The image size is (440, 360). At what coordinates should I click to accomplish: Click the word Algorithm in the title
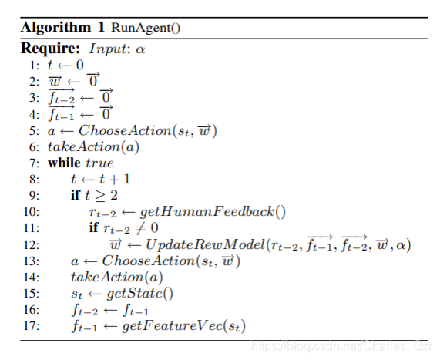coord(55,28)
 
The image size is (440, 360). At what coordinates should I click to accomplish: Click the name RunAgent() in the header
coord(146,28)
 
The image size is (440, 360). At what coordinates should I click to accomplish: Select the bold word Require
coord(51,48)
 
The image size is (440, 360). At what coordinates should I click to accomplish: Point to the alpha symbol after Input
coord(140,49)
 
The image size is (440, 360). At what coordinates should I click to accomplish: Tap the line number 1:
coord(34,66)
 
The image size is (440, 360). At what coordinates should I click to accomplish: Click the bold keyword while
coord(64,163)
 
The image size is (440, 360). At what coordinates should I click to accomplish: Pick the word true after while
coord(100,163)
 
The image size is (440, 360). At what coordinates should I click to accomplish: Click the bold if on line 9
coord(76,195)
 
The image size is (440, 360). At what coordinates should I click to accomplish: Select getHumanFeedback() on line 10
coord(213,212)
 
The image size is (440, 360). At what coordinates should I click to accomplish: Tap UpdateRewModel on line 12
coord(206,244)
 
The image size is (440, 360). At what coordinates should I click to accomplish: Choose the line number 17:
coord(32,326)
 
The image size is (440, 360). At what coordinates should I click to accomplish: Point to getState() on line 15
coord(140,294)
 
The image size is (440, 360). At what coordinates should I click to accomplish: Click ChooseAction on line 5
coord(125,130)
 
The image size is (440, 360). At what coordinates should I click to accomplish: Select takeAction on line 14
coord(107,278)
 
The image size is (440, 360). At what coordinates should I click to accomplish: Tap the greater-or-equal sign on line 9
coord(100,196)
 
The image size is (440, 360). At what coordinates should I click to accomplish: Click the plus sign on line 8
coord(113,180)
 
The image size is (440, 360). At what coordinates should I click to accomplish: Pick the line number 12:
coord(32,245)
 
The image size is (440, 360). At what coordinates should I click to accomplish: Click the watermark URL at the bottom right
coord(341,346)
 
